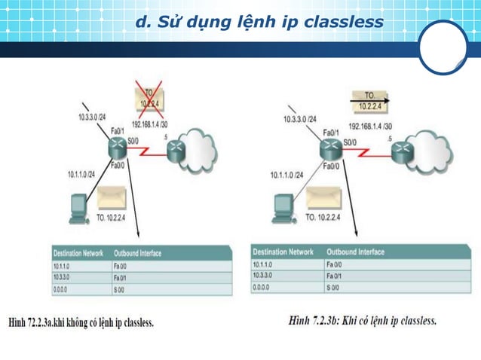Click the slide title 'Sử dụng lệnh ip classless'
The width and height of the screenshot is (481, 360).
260,22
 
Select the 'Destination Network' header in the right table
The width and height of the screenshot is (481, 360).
283,252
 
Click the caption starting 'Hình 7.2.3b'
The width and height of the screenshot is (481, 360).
363,321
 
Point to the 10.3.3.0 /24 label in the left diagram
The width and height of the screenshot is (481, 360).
96,117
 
